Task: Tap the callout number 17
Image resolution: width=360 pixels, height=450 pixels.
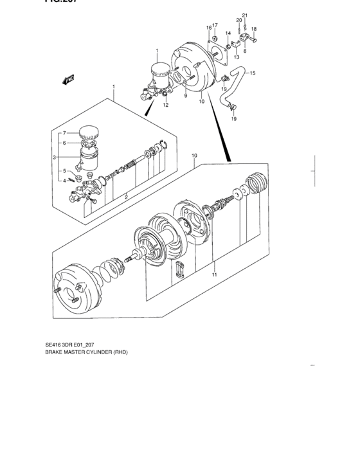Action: click(x=215, y=26)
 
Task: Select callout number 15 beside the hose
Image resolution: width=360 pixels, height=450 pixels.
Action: click(x=252, y=73)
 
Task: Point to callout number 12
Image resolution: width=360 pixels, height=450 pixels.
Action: click(x=165, y=105)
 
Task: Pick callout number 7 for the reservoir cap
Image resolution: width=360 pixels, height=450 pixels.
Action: click(x=64, y=134)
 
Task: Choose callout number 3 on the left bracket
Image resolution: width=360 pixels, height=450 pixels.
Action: click(x=55, y=156)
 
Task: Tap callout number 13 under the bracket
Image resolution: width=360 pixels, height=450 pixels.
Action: click(x=237, y=57)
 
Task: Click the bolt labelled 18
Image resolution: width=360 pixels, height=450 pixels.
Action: click(x=252, y=39)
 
